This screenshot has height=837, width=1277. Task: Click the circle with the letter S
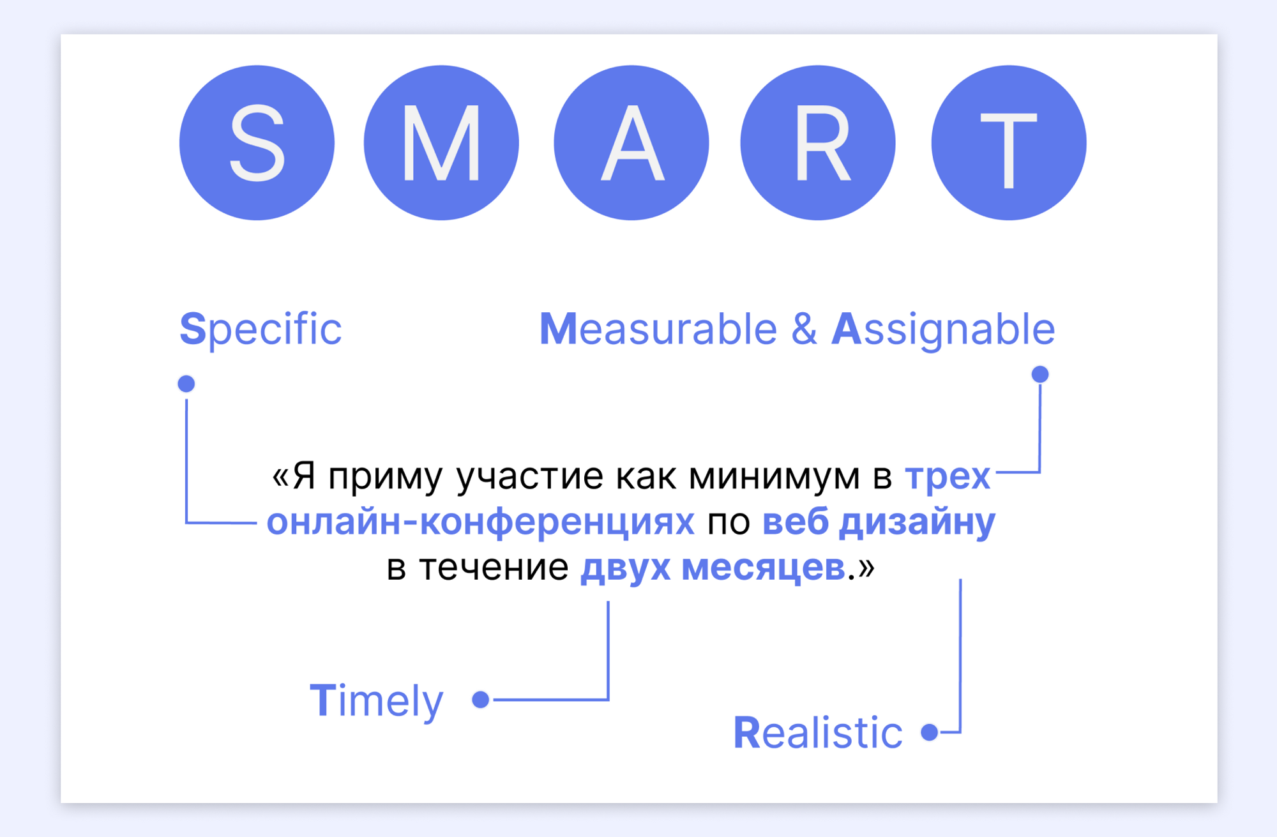pyautogui.click(x=257, y=143)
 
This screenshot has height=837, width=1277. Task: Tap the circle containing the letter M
pyautogui.click(x=441, y=143)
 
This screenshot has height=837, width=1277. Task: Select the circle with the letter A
pyautogui.click(x=631, y=143)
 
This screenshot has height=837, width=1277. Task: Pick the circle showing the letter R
pyautogui.click(x=818, y=143)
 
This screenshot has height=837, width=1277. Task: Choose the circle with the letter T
pyautogui.click(x=1009, y=143)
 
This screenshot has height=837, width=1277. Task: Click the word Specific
pyautogui.click(x=261, y=330)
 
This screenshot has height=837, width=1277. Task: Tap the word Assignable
pyautogui.click(x=943, y=330)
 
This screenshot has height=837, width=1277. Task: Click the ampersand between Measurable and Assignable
pyautogui.click(x=804, y=329)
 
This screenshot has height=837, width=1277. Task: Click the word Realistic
pyautogui.click(x=818, y=732)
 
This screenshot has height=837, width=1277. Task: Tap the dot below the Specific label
pyautogui.click(x=186, y=384)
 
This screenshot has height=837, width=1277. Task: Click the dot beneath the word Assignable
pyautogui.click(x=1040, y=374)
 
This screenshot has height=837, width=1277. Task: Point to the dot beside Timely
pyautogui.click(x=481, y=700)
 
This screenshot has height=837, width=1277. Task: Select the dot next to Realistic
pyautogui.click(x=930, y=732)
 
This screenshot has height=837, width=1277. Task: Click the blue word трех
pyautogui.click(x=948, y=476)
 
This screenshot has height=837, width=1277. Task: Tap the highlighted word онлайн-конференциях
pyautogui.click(x=480, y=522)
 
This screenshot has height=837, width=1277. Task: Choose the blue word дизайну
pyautogui.click(x=917, y=523)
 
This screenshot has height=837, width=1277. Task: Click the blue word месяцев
pyautogui.click(x=764, y=568)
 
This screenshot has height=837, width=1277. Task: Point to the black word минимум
pyautogui.click(x=775, y=477)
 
